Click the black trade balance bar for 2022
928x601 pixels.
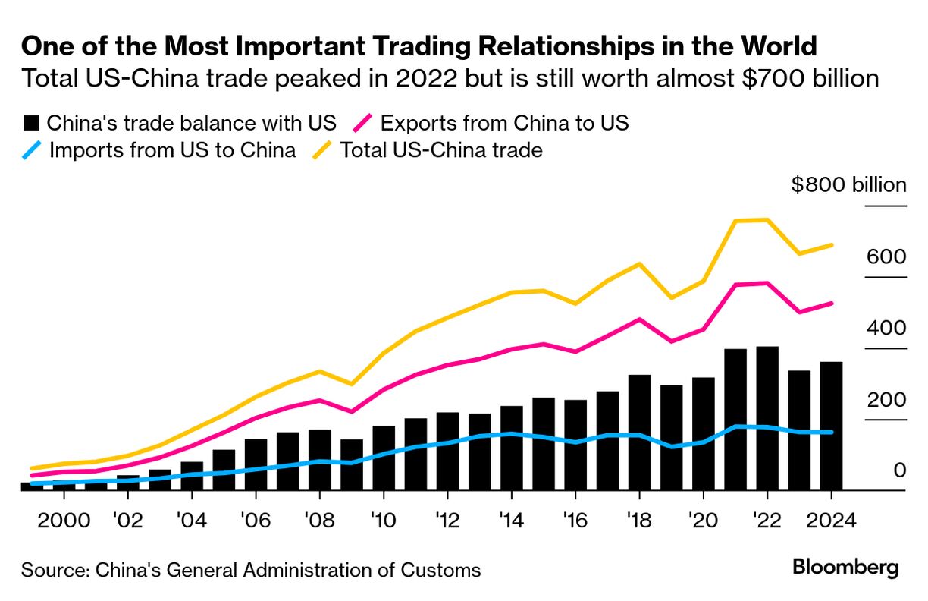(x=767, y=417)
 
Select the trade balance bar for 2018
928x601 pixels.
(x=639, y=432)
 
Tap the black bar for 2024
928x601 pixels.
(x=831, y=425)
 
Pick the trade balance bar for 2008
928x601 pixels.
(x=319, y=459)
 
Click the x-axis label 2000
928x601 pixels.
(x=63, y=521)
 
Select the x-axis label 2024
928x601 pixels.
(x=831, y=521)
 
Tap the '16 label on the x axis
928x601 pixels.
(x=575, y=521)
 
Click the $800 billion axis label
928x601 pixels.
(x=848, y=185)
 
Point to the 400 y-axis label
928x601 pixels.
(x=886, y=328)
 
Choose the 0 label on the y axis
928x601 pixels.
(x=899, y=470)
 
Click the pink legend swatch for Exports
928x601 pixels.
(x=363, y=123)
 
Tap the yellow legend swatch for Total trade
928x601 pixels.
(x=322, y=150)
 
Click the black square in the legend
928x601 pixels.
(x=31, y=123)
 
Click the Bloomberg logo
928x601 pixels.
(x=845, y=567)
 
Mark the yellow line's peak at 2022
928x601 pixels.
(x=767, y=220)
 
